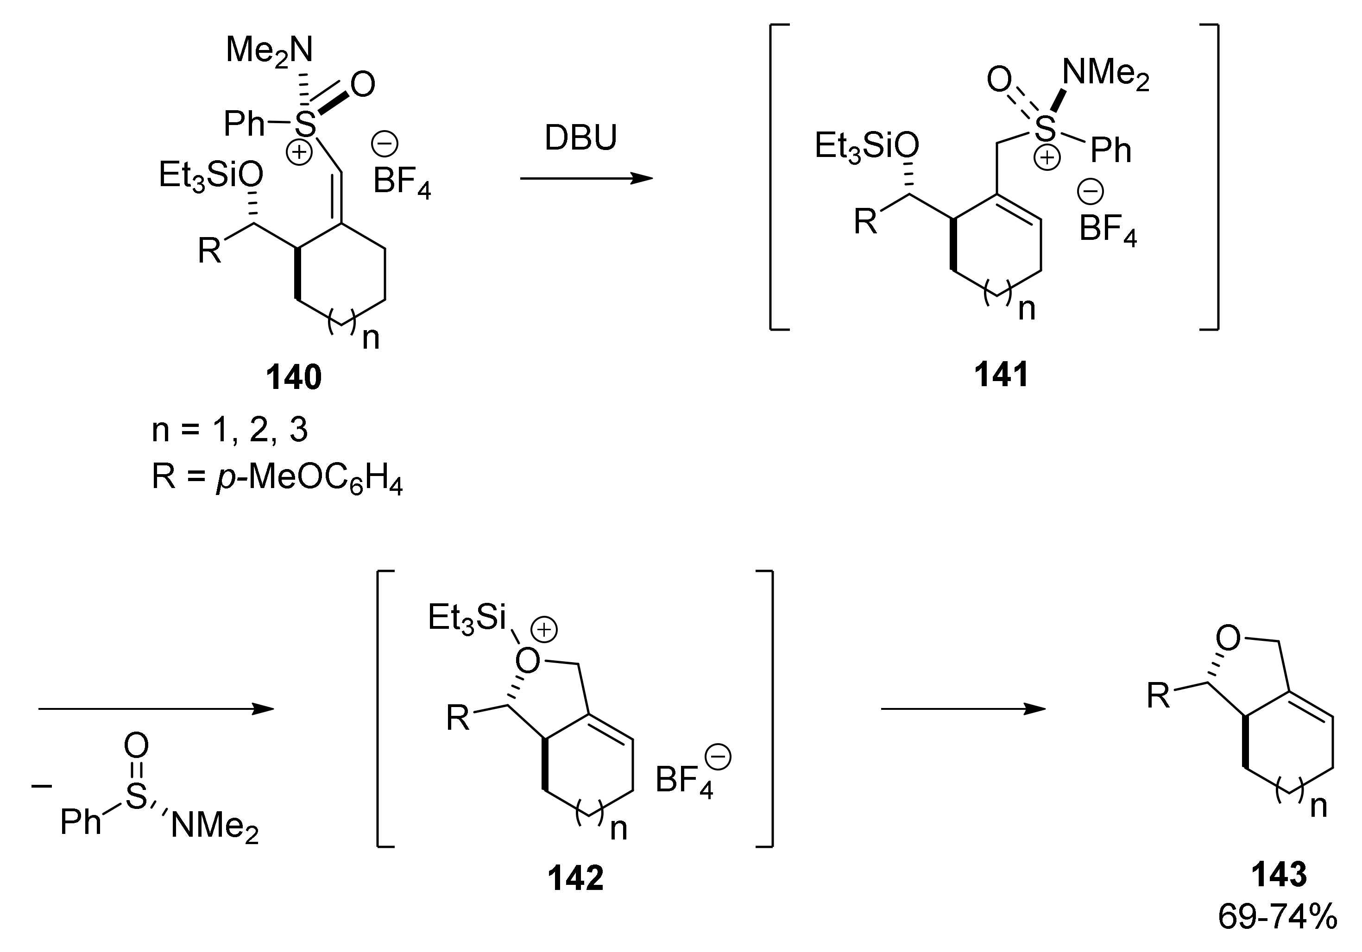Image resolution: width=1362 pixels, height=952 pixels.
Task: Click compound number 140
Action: point(294,377)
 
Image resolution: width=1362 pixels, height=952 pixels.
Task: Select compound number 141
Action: point(1001,375)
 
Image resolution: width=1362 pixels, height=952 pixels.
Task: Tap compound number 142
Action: point(575,878)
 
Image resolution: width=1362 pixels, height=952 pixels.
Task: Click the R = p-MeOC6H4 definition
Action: point(277,477)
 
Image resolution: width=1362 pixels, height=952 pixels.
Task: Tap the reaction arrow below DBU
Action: point(586,178)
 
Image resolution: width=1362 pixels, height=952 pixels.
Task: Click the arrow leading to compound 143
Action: point(962,709)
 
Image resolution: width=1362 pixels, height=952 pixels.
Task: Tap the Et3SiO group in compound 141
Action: point(866,146)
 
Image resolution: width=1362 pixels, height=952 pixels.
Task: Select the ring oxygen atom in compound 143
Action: point(1227,639)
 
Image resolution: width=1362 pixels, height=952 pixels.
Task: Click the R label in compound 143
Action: point(1158,696)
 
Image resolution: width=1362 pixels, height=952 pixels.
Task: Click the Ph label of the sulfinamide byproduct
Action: point(81,821)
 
